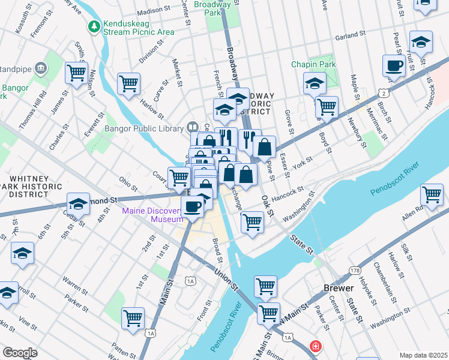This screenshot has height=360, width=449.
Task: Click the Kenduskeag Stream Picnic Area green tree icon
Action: click(94, 26)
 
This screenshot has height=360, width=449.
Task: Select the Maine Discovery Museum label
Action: click(152, 215)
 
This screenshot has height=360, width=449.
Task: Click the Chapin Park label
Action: click(311, 64)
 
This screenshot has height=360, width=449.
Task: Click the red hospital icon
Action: click(315, 346)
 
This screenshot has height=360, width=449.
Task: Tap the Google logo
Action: click(20, 353)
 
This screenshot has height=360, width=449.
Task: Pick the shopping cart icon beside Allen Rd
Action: click(432, 195)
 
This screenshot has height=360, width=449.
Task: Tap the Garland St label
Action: click(351, 36)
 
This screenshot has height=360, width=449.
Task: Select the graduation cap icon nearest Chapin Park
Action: click(315, 84)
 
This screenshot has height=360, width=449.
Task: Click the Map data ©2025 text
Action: click(423, 355)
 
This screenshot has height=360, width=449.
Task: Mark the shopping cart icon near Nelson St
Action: click(77, 73)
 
